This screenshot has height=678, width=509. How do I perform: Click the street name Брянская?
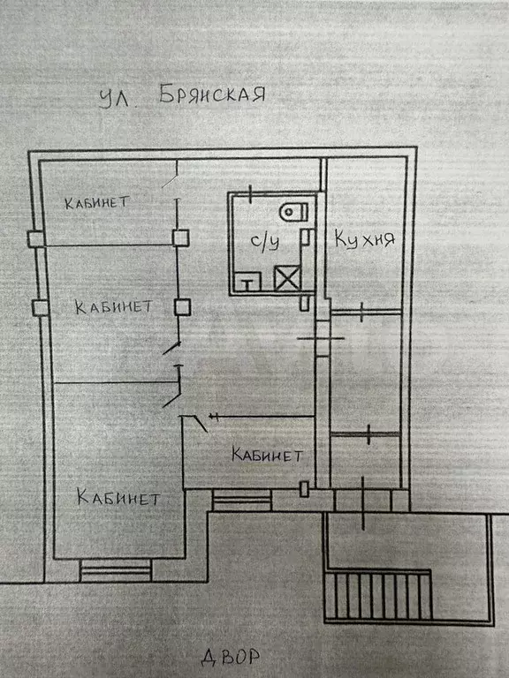212,94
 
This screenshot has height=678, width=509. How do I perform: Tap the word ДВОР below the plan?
231,657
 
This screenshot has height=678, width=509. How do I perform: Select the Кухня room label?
364,239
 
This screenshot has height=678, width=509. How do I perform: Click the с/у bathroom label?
265,241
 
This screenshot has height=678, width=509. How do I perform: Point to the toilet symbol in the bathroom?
294,212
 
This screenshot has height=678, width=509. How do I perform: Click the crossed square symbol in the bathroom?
287,278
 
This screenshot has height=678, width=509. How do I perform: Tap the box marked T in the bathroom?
247,282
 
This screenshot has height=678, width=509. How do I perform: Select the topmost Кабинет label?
97,202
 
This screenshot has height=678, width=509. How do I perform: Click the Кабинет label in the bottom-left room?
118,497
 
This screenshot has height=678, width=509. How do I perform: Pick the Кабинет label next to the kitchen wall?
267,455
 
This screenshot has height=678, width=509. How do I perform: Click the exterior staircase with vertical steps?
378,596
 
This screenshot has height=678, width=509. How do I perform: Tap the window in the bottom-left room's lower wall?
116,571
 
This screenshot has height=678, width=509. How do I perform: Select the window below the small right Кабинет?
241,501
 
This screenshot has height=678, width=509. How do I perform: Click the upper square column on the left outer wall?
36,238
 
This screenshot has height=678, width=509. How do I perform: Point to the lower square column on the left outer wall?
41,308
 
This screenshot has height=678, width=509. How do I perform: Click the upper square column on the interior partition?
180,237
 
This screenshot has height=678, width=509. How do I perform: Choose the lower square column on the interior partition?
182,307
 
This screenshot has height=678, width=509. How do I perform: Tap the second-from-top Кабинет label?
113,307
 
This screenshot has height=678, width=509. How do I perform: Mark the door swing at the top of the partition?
170,181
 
